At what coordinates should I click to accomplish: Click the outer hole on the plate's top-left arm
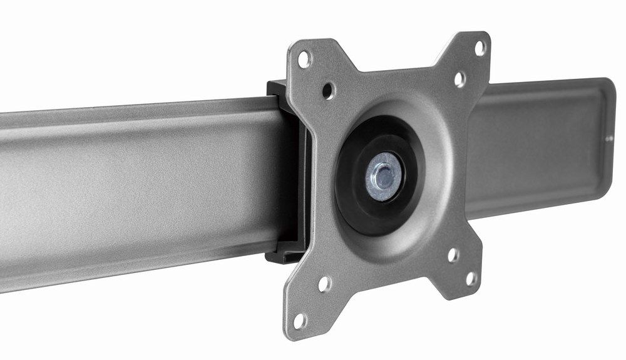click(x=305, y=59)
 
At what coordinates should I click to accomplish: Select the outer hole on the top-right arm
click(x=480, y=48)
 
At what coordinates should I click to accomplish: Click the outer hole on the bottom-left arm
click(x=300, y=321)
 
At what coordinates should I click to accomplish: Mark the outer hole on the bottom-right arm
click(x=471, y=278)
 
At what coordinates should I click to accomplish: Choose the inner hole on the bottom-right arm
click(x=453, y=255)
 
